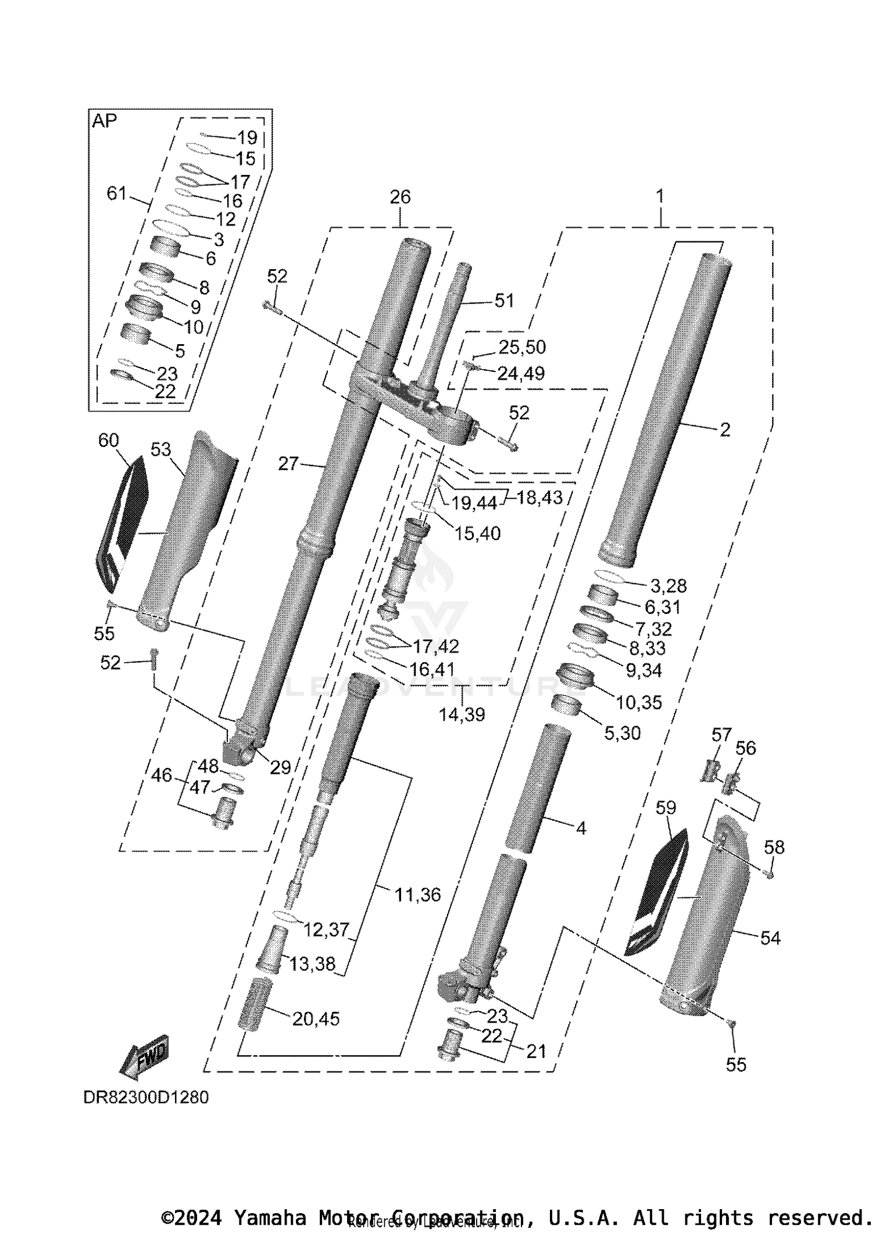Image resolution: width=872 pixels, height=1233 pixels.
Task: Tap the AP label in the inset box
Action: coord(105,121)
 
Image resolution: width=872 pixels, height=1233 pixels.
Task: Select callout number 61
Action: coord(116,193)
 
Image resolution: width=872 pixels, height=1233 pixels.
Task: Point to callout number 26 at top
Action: coord(400,197)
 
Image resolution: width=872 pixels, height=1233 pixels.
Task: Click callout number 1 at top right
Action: coord(660,196)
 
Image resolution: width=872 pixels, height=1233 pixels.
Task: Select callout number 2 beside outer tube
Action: coord(724,430)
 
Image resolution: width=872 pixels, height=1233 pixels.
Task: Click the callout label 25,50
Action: coord(522,347)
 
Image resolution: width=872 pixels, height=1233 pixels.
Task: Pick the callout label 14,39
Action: coord(462,714)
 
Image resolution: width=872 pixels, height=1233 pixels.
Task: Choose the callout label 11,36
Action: coord(417,895)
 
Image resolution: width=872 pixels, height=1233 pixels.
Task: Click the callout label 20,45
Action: coord(316,1018)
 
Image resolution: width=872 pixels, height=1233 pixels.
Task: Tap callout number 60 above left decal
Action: coord(109,441)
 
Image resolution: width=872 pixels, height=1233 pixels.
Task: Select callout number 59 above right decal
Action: coord(666,807)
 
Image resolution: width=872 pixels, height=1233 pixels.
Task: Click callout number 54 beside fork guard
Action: coord(770,938)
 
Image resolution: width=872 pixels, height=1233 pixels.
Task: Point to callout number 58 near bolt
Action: coord(774,847)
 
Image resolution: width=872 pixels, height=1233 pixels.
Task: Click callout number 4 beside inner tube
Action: coord(581,828)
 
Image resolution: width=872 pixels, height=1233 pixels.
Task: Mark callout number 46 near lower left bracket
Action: coord(162,775)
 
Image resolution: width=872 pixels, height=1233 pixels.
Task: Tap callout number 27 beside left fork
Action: coord(288,464)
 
